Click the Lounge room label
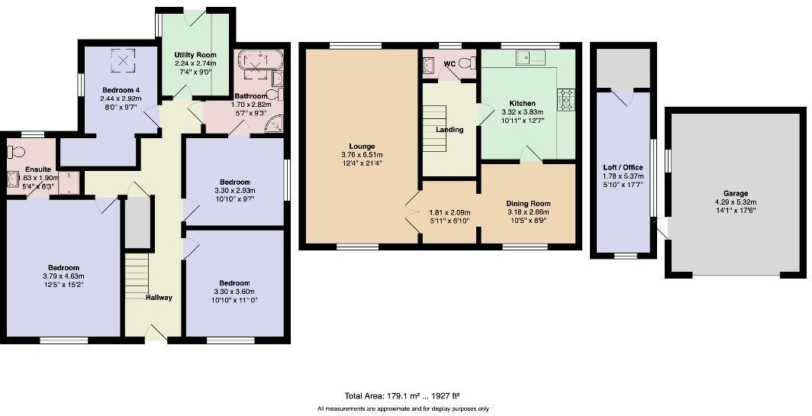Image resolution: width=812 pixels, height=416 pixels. click(362, 146)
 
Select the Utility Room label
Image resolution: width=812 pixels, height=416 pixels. click(195, 55)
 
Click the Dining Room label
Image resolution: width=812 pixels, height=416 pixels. click(528, 203)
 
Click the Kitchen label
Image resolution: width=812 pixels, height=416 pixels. click(523, 103)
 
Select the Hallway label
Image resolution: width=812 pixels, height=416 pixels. click(159, 298)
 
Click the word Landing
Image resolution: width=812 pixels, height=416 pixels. click(449, 130)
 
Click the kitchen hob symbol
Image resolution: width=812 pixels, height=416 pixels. click(567, 100)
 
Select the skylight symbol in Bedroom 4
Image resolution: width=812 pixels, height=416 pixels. click(122, 60)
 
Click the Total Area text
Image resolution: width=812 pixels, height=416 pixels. click(402, 396)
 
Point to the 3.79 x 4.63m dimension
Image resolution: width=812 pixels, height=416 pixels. click(62, 277)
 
